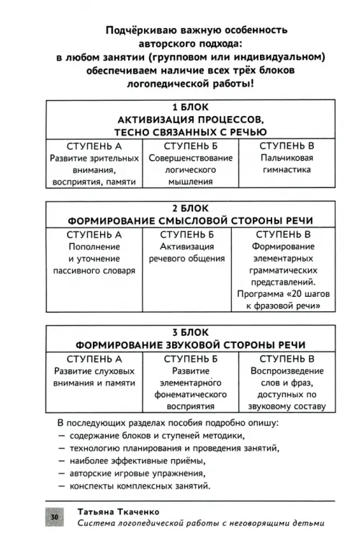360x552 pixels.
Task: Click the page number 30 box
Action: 55,517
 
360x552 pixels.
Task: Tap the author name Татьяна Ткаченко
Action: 119,512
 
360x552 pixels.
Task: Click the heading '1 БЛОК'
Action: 190,107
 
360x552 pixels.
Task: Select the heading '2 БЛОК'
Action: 190,208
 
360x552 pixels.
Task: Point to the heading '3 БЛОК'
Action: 190,332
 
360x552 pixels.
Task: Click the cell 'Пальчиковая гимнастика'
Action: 287,164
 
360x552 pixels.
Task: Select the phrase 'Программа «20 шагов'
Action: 284,293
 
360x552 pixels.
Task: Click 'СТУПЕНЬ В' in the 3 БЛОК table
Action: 287,359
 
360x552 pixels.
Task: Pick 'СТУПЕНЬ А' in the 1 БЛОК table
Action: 94,146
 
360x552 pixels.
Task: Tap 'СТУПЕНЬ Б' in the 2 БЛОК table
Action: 187,234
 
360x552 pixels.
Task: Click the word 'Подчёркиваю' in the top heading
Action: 141,30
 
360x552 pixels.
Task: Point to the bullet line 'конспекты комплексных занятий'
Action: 140,486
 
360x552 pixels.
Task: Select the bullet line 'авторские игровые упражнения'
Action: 138,473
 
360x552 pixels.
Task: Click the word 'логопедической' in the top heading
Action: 168,84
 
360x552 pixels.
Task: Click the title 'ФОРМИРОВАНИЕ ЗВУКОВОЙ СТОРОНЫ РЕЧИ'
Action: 190,344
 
